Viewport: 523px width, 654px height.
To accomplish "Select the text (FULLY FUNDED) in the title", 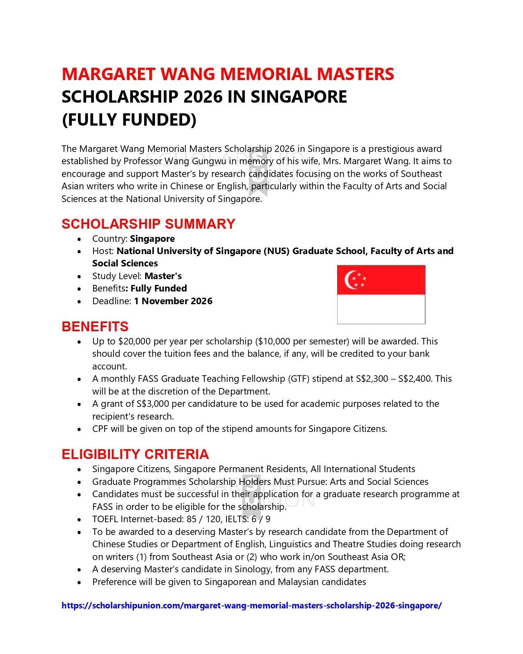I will click(x=129, y=120).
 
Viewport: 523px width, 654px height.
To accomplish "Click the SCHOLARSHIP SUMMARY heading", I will click(x=148, y=224).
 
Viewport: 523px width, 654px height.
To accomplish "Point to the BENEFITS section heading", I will click(x=95, y=326).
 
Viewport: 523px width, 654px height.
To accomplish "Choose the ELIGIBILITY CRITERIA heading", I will click(x=135, y=454).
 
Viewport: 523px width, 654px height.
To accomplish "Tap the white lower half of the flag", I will click(x=381, y=309).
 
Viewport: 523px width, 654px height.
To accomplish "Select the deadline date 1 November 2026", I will click(x=173, y=301).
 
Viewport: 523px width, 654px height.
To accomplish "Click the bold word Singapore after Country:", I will click(x=152, y=239).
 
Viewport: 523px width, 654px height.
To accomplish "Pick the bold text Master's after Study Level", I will click(x=163, y=276).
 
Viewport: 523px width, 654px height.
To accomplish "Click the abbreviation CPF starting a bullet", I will click(x=100, y=429).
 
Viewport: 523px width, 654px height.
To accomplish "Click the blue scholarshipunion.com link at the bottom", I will click(x=251, y=605).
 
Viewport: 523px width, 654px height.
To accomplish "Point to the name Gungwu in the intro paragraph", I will click(x=210, y=161).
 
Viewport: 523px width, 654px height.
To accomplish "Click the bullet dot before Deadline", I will click(x=79, y=301).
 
